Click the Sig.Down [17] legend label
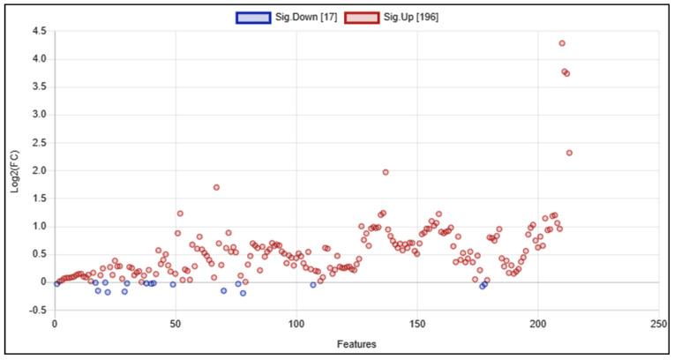pyautogui.click(x=296, y=16)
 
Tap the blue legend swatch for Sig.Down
pyautogui.click(x=251, y=16)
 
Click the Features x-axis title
pyautogui.click(x=356, y=342)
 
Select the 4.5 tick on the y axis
pyautogui.click(x=39, y=31)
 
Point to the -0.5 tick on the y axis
pyautogui.click(x=38, y=310)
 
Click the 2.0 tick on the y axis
pyautogui.click(x=39, y=170)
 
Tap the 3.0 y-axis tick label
pyautogui.click(x=39, y=115)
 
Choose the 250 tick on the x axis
pyautogui.click(x=658, y=324)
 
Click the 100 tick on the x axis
pyautogui.click(x=296, y=324)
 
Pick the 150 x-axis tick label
pyautogui.click(x=417, y=324)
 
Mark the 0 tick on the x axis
pyautogui.click(x=55, y=324)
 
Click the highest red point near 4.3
pyautogui.click(x=562, y=43)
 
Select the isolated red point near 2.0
pyautogui.click(x=386, y=172)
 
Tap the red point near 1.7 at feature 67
pyautogui.click(x=216, y=187)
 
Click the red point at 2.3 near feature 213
pyautogui.click(x=569, y=153)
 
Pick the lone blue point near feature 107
pyautogui.click(x=313, y=285)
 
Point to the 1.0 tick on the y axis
pyautogui.click(x=39, y=226)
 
